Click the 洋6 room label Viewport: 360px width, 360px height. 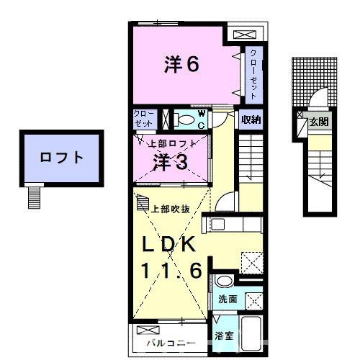pos(181,66)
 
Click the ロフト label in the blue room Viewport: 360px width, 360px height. pos(60,157)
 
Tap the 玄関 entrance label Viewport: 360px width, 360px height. pos(318,122)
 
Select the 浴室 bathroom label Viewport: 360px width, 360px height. pos(222,336)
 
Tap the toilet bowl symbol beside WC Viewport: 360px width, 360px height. pos(186,120)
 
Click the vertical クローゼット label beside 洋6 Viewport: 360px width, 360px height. pos(253,72)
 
